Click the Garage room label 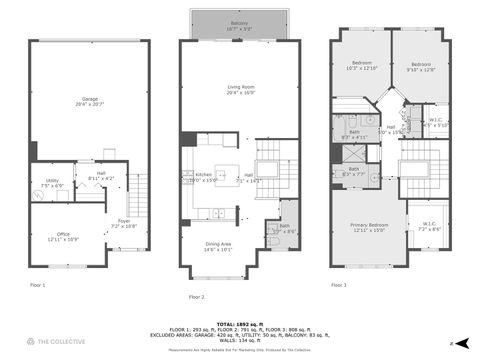[x=90, y=101]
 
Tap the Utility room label [x=53, y=183]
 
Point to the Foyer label [x=124, y=223]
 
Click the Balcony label [x=239, y=24]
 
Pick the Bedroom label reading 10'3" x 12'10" [x=360, y=65]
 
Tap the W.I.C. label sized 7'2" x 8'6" [x=428, y=226]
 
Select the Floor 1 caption [x=38, y=286]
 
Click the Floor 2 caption [x=196, y=297]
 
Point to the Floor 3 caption [x=338, y=286]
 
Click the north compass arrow [x=452, y=343]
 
